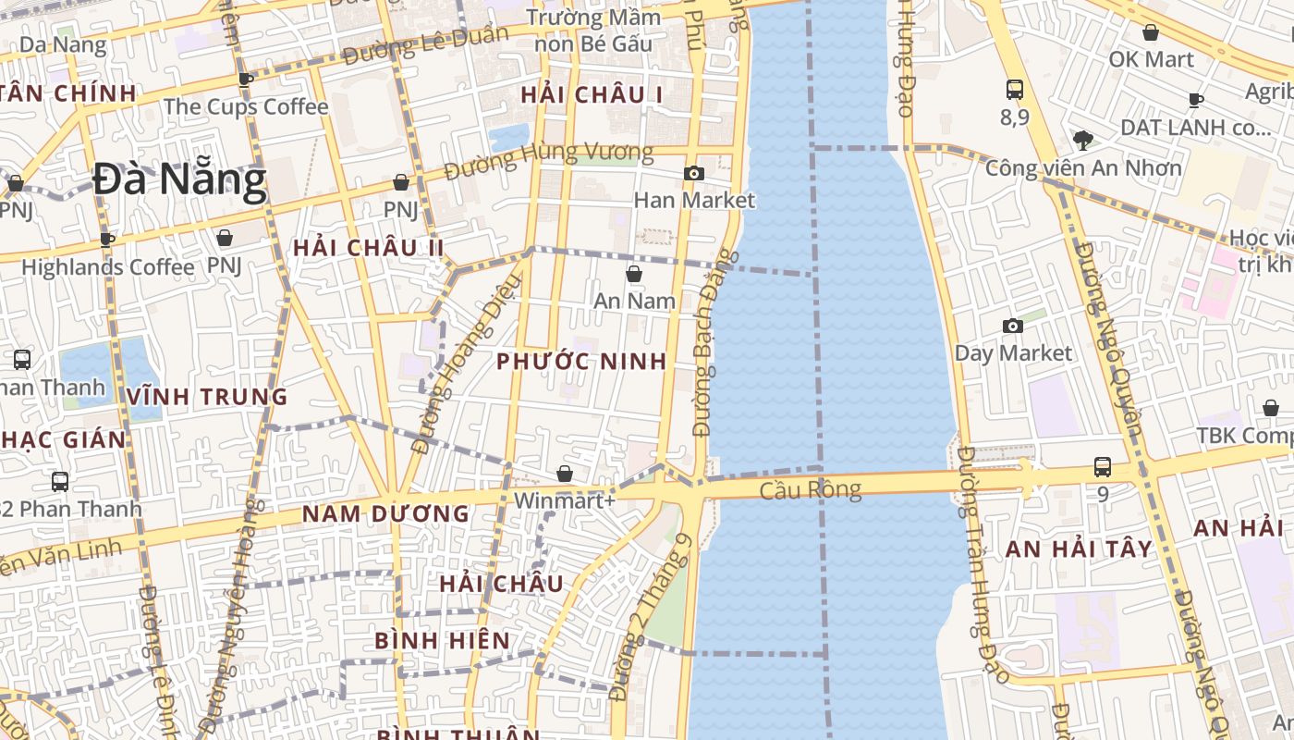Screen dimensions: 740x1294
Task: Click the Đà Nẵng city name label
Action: pos(179,181)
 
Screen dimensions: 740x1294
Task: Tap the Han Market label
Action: pos(694,200)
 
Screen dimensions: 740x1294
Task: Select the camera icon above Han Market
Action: pos(694,173)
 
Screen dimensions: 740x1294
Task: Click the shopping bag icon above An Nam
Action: pos(634,274)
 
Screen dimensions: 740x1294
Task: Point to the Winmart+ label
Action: pos(564,500)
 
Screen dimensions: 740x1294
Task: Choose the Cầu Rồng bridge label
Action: pos(811,489)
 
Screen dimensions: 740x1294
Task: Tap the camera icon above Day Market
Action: pos(1013,326)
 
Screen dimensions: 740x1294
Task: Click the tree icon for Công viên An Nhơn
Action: pos(1082,141)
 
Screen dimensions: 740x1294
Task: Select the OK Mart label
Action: pos(1151,59)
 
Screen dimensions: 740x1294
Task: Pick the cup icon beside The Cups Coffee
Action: pos(245,80)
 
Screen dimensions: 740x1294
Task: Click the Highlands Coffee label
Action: pos(108,267)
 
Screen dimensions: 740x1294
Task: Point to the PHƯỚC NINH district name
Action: pos(581,362)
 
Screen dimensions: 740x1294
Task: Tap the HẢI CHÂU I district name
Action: pos(592,94)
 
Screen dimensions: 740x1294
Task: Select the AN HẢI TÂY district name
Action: pos(1079,549)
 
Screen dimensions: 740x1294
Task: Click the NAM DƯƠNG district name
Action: pos(386,513)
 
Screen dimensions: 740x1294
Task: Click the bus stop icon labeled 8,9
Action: pos(1015,90)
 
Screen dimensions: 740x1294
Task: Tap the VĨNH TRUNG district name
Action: pos(208,397)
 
